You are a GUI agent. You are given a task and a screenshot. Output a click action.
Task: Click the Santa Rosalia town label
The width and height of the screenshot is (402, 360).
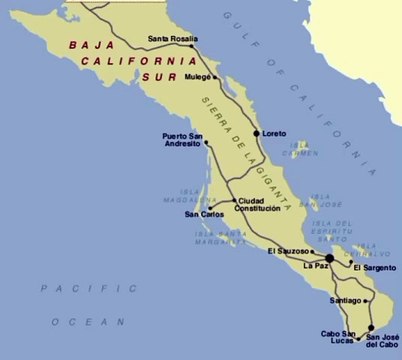171,40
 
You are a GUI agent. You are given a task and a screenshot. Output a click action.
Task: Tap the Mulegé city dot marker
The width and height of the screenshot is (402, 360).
211,76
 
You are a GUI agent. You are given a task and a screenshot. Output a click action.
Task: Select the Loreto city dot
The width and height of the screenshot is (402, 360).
257,133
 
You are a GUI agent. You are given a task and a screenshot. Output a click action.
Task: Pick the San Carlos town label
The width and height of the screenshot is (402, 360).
205,214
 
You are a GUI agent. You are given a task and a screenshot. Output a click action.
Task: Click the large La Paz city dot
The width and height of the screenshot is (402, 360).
330,257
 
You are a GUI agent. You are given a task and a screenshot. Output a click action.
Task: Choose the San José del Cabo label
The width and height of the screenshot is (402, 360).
385,342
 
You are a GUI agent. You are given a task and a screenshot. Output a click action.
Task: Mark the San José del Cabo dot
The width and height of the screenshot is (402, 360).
371,327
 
